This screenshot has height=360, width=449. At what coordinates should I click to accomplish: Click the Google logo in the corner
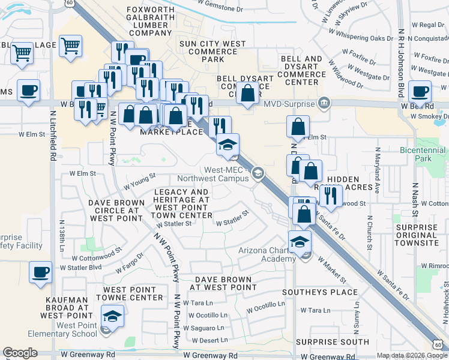tap(20, 353)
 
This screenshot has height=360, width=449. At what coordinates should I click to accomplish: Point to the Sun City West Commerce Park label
tap(209, 51)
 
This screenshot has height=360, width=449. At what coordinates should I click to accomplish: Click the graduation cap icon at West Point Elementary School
tap(112, 316)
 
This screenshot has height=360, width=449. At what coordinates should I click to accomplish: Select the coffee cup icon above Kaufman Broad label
tap(40, 272)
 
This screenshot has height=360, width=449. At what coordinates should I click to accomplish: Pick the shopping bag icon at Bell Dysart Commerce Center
tap(247, 93)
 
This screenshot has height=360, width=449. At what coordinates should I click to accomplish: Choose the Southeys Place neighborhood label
tap(333, 292)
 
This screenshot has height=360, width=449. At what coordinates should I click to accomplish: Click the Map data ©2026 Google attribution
tap(412, 355)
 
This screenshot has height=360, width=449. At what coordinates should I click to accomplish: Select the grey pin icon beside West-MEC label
tap(258, 173)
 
